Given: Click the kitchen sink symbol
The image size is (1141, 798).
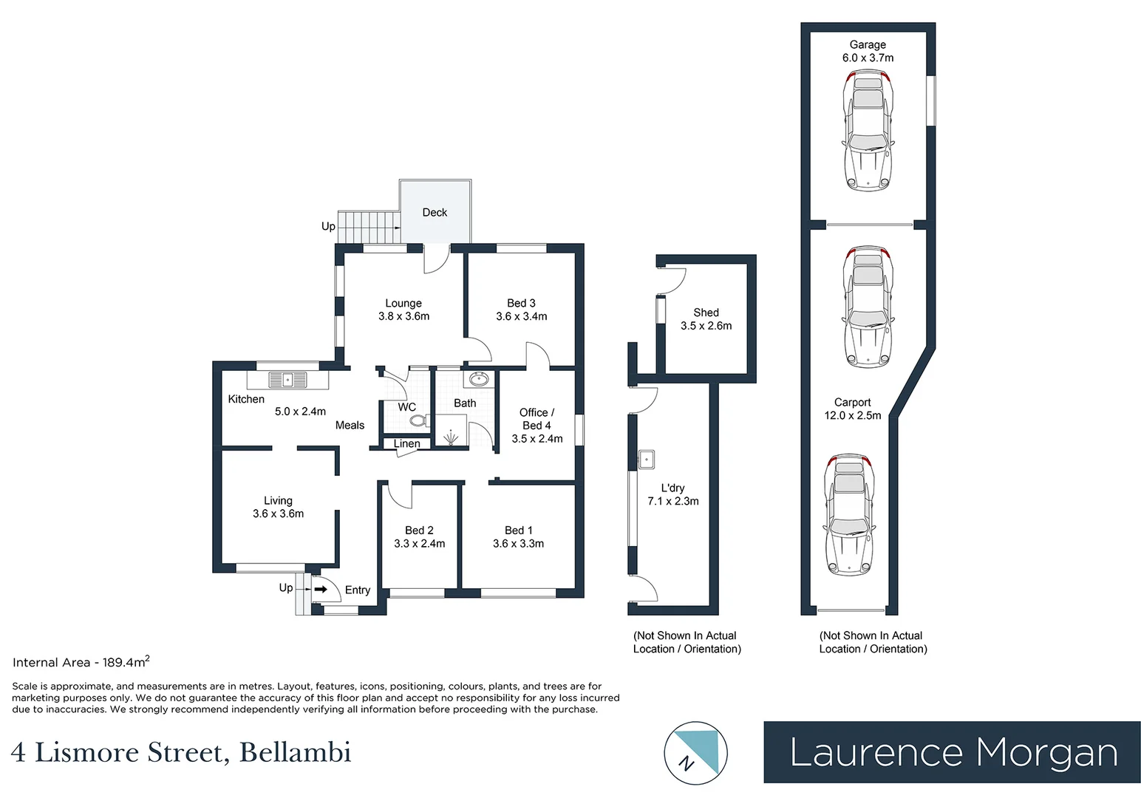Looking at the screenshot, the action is click(x=287, y=380).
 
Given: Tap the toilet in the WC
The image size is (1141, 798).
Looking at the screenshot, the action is click(x=419, y=420).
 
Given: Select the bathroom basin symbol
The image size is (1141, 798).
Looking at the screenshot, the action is click(x=479, y=379).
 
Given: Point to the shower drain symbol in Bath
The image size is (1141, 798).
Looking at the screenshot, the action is click(x=451, y=437).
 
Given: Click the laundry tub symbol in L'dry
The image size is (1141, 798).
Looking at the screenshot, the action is click(x=647, y=460).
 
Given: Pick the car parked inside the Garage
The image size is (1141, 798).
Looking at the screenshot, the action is click(x=868, y=132).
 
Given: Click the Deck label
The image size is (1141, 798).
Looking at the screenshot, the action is click(x=435, y=212).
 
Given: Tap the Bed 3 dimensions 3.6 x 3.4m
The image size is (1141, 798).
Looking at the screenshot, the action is click(x=522, y=316).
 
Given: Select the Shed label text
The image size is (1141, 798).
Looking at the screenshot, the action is click(x=706, y=312).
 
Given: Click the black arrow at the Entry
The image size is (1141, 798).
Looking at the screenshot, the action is click(x=321, y=589).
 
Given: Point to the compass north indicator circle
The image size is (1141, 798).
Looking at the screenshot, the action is click(x=696, y=754).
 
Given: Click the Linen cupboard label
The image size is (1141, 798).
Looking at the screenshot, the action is click(x=407, y=443).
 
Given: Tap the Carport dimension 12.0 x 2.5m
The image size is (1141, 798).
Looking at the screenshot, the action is click(x=853, y=415).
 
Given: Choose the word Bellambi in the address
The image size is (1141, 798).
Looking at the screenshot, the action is click(x=295, y=753).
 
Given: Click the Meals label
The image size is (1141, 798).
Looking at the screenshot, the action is click(x=350, y=425).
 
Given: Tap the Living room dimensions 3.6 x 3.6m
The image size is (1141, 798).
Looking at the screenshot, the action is click(x=278, y=514).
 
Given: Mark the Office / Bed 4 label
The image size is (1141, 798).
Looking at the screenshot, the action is click(x=537, y=419).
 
